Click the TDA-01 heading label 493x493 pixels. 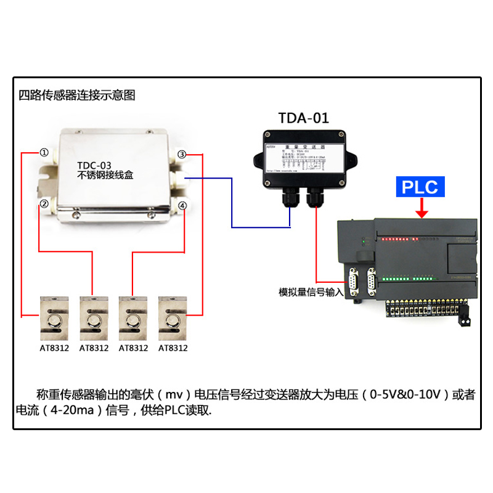(x=304, y=118)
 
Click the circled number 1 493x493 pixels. (x=44, y=152)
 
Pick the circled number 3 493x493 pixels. (x=182, y=154)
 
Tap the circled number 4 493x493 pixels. (x=182, y=205)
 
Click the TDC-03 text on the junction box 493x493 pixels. (x=95, y=165)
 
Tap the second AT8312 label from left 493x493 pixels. (x=94, y=348)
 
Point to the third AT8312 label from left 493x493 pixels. (x=133, y=348)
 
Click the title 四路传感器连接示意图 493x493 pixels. (x=76, y=96)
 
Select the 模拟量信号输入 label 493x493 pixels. (x=311, y=292)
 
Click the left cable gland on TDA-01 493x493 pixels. (x=290, y=197)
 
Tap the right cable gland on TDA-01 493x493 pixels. (x=316, y=197)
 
